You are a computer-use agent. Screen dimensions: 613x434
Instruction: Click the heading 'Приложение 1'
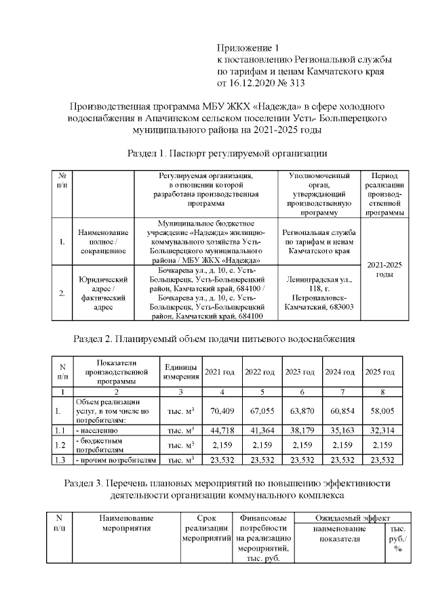coord(248,47)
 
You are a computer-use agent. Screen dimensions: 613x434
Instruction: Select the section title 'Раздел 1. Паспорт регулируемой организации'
coord(218,153)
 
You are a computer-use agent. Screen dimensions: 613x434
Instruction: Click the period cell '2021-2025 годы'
coord(384,269)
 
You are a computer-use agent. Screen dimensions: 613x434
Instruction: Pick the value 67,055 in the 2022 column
coord(259,410)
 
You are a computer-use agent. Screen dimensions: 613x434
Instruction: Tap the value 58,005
coord(379,410)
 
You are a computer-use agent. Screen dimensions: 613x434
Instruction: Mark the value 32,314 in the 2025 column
coord(379,429)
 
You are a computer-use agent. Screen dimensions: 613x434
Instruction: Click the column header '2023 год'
coord(299,372)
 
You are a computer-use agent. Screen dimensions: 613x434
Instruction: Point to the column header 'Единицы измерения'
coord(180,372)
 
